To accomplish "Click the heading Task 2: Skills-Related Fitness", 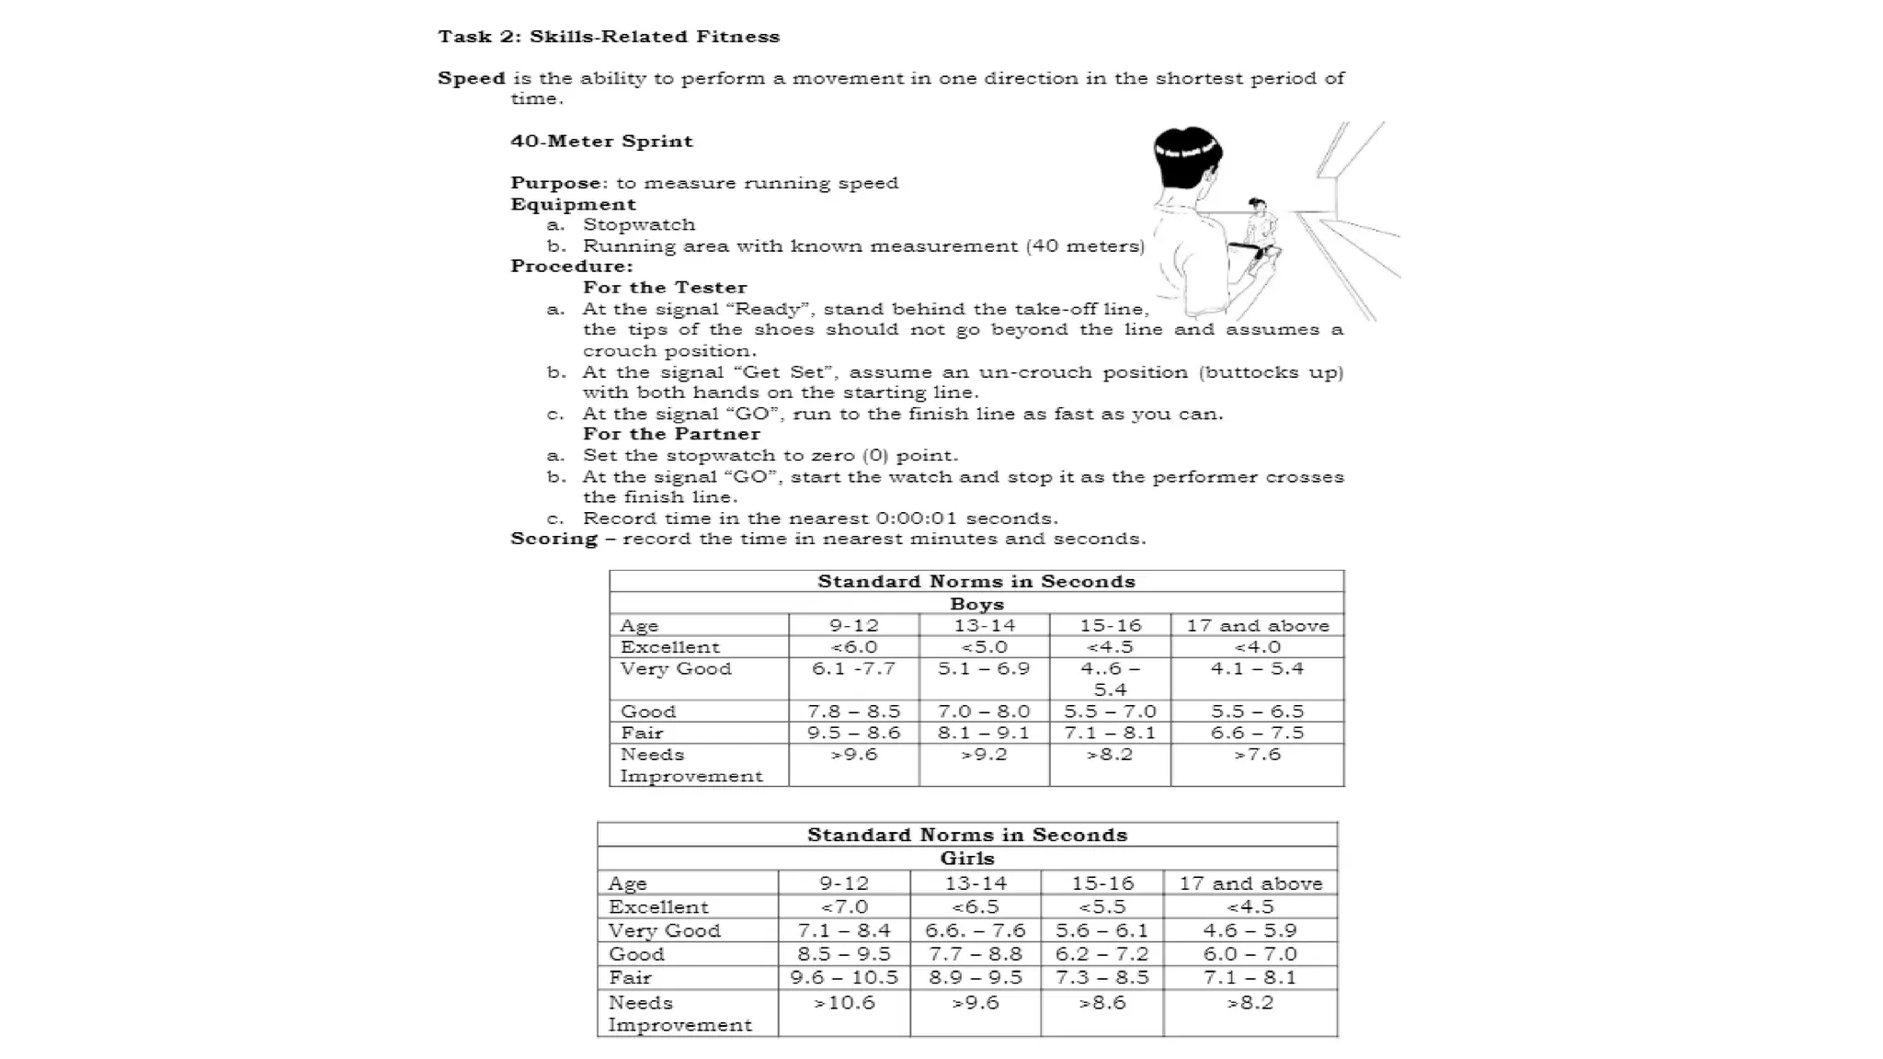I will [x=609, y=37].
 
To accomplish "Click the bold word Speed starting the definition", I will [x=471, y=78].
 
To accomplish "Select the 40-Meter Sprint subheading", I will [x=601, y=141].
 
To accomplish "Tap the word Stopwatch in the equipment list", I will [x=639, y=224].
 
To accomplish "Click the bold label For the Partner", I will [x=671, y=434].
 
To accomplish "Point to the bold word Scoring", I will [x=553, y=539].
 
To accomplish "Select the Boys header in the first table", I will [x=976, y=604].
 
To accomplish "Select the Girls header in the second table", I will [x=967, y=858].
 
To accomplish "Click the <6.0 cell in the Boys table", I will [x=853, y=647].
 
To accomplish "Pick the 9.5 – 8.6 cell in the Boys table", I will [x=853, y=733].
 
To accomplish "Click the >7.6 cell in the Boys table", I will [x=1257, y=755].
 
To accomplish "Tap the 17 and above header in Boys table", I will [x=1257, y=626].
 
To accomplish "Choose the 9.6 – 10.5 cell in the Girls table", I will [x=844, y=977].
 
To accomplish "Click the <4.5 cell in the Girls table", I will [x=1250, y=907].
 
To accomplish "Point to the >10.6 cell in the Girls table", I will [x=844, y=1003].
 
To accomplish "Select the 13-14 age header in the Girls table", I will [x=976, y=883].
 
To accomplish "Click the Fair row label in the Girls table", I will [x=630, y=978].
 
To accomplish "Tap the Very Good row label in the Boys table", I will [x=676, y=669].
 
